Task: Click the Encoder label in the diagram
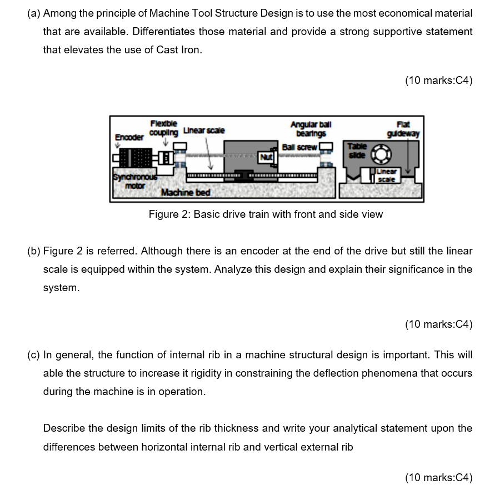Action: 128,137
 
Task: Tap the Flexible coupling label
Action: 164,128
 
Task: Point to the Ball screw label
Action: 299,147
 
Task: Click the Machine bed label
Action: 186,192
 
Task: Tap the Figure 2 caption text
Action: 266,214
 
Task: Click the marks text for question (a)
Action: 439,81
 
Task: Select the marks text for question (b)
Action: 439,324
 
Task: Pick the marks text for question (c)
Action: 439,477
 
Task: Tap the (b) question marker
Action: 33,251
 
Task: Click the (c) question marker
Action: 33,354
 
